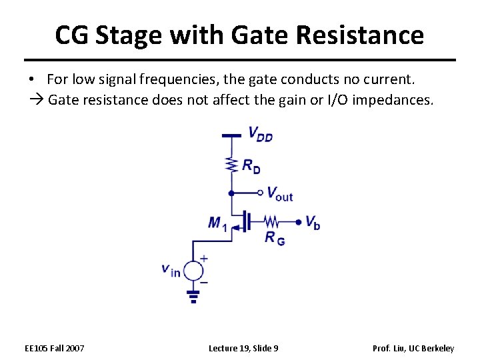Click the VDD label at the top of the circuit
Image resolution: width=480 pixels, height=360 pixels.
[x=260, y=133]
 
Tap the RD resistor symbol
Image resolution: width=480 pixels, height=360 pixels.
[x=231, y=164]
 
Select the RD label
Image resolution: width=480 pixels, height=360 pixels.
[x=251, y=166]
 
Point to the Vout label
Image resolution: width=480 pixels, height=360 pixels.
[x=279, y=194]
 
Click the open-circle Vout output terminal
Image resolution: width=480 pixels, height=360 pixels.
[x=261, y=193]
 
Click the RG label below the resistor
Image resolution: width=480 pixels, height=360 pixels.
[x=274, y=237]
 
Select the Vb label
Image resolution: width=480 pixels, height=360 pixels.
[x=313, y=222]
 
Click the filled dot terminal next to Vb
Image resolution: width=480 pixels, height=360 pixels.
[x=298, y=221]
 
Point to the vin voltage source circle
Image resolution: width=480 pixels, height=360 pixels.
[x=193, y=271]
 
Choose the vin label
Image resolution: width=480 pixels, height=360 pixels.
[x=171, y=270]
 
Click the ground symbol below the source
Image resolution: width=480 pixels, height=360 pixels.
[x=193, y=295]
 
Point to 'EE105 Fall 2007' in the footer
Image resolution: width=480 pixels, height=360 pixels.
[x=55, y=348]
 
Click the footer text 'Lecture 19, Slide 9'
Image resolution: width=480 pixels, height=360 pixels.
[x=243, y=348]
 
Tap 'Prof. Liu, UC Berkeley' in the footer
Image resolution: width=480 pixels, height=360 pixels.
[x=413, y=348]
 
